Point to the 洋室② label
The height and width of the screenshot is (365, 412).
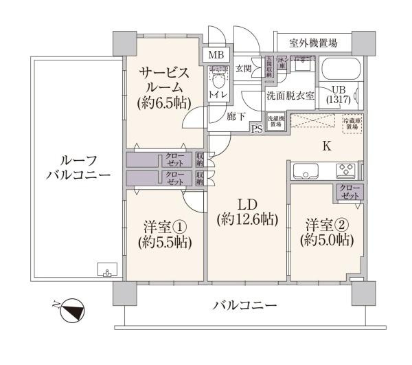pos(327,232)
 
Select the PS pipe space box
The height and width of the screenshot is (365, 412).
pos(257,129)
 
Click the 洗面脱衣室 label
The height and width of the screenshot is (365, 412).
pos(290,96)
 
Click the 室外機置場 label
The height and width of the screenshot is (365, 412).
pos(312,43)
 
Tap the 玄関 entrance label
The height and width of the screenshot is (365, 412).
pos(243,67)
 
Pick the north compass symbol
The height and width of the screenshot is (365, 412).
pos(71,311)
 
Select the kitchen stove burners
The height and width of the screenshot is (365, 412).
pos(345,170)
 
